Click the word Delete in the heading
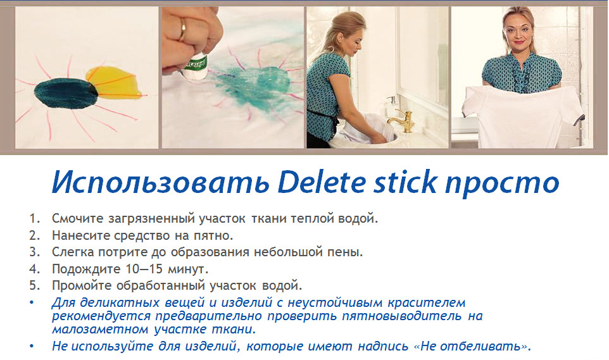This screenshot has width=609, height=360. pyautogui.click(x=322, y=182)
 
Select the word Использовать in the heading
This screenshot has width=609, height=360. pyautogui.click(x=161, y=182)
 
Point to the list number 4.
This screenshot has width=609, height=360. pyautogui.click(x=35, y=269)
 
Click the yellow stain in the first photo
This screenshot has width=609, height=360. pyautogui.click(x=115, y=83)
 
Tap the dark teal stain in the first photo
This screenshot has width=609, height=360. pyautogui.click(x=66, y=93)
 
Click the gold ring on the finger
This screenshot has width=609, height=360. pyautogui.click(x=182, y=30)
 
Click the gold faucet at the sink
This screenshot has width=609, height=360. pyautogui.click(x=403, y=120)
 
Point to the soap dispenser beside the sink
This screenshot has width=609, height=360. pyautogui.click(x=391, y=106)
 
